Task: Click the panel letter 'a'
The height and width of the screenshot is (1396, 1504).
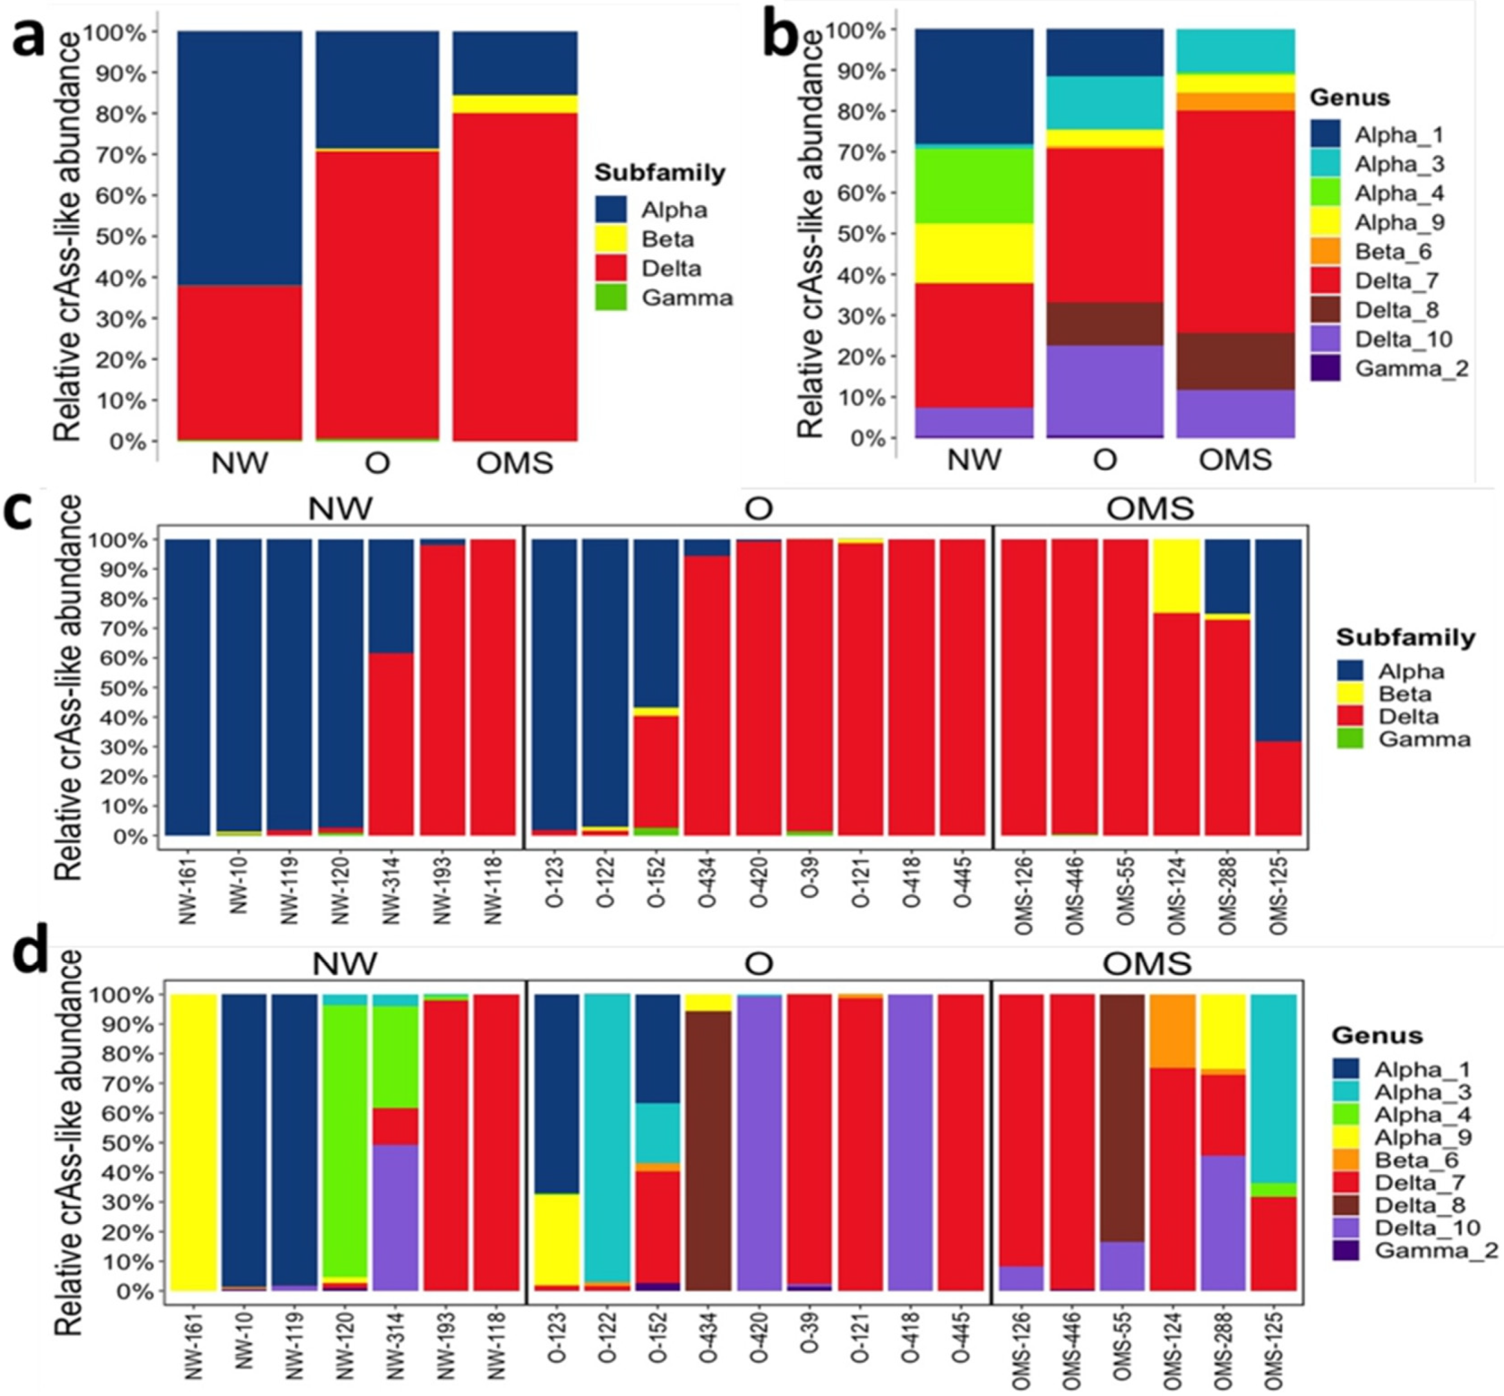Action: pos(28,39)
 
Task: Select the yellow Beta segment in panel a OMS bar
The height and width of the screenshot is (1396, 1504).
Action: pos(515,104)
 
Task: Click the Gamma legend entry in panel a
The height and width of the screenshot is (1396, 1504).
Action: pos(686,297)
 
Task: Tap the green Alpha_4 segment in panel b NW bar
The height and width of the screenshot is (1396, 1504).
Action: pos(974,185)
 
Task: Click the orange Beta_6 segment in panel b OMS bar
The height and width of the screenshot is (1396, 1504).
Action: pos(1235,102)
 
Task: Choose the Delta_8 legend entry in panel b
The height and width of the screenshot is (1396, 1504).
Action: pos(1396,310)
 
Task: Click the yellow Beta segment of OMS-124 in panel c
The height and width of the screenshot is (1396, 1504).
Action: pos(1176,575)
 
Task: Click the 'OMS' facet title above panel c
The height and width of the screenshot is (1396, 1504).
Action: pos(1150,508)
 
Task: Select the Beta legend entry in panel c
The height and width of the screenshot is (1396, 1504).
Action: pos(1404,693)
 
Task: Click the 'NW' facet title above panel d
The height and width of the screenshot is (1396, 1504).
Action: pos(345,963)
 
